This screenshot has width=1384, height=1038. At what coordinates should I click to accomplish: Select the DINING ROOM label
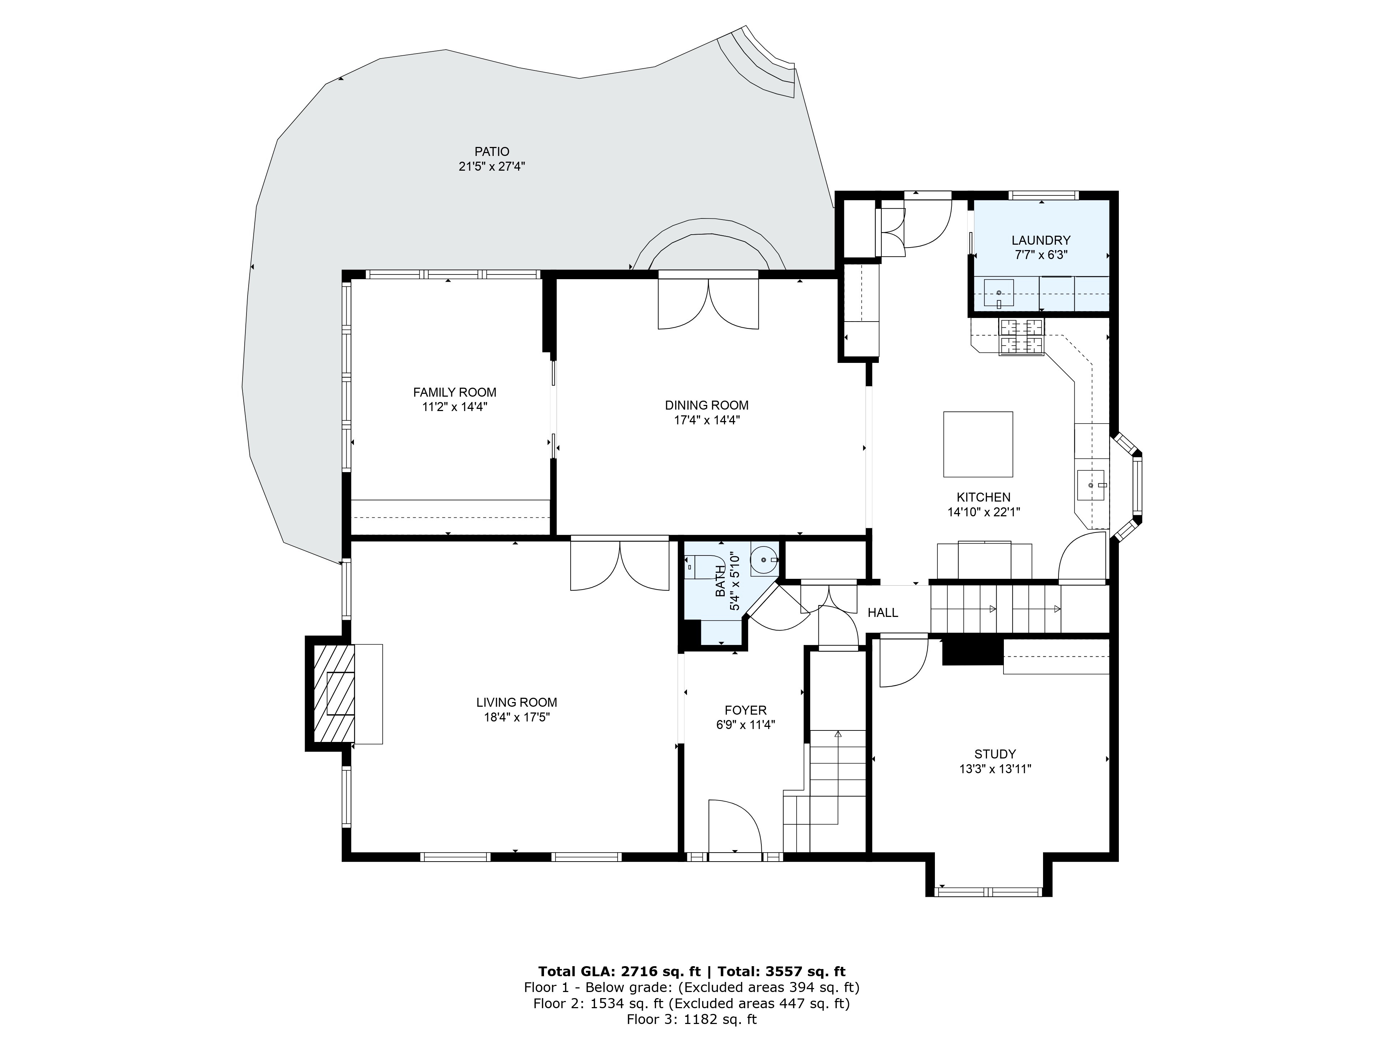tap(706, 405)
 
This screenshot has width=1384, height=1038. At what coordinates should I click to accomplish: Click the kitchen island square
tap(978, 444)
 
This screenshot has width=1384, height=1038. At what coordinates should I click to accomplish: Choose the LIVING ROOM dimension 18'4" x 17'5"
tap(516, 718)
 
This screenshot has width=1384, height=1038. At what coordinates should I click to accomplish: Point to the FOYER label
tap(745, 710)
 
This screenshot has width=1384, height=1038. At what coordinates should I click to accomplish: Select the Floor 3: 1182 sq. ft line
tap(691, 1020)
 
